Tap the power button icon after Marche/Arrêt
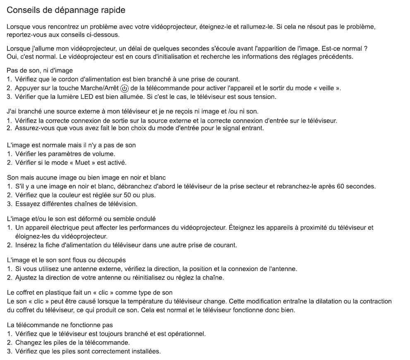[x=125, y=89]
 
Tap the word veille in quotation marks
[x=317, y=88]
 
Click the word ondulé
[x=144, y=218]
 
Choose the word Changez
[x=27, y=343]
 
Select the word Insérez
[x=27, y=245]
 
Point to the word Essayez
[x=27, y=204]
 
